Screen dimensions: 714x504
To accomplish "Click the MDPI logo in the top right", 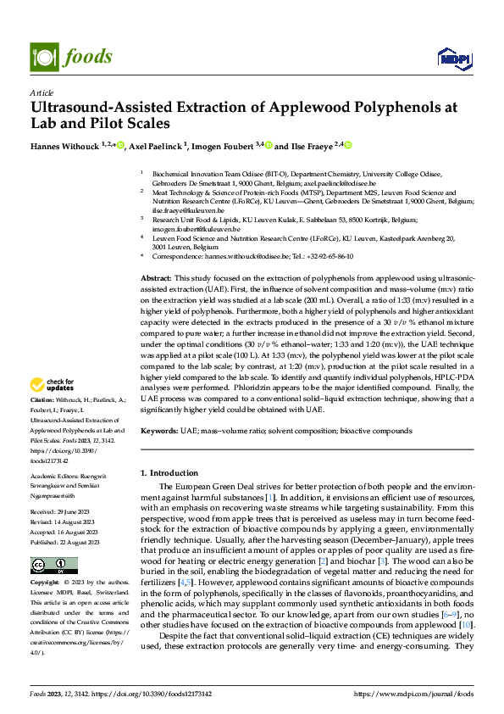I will pyautogui.click(x=452, y=58).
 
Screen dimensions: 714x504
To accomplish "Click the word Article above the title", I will pyautogui.click(x=42, y=92).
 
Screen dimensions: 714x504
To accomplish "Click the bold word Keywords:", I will pyautogui.click(x=158, y=431).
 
